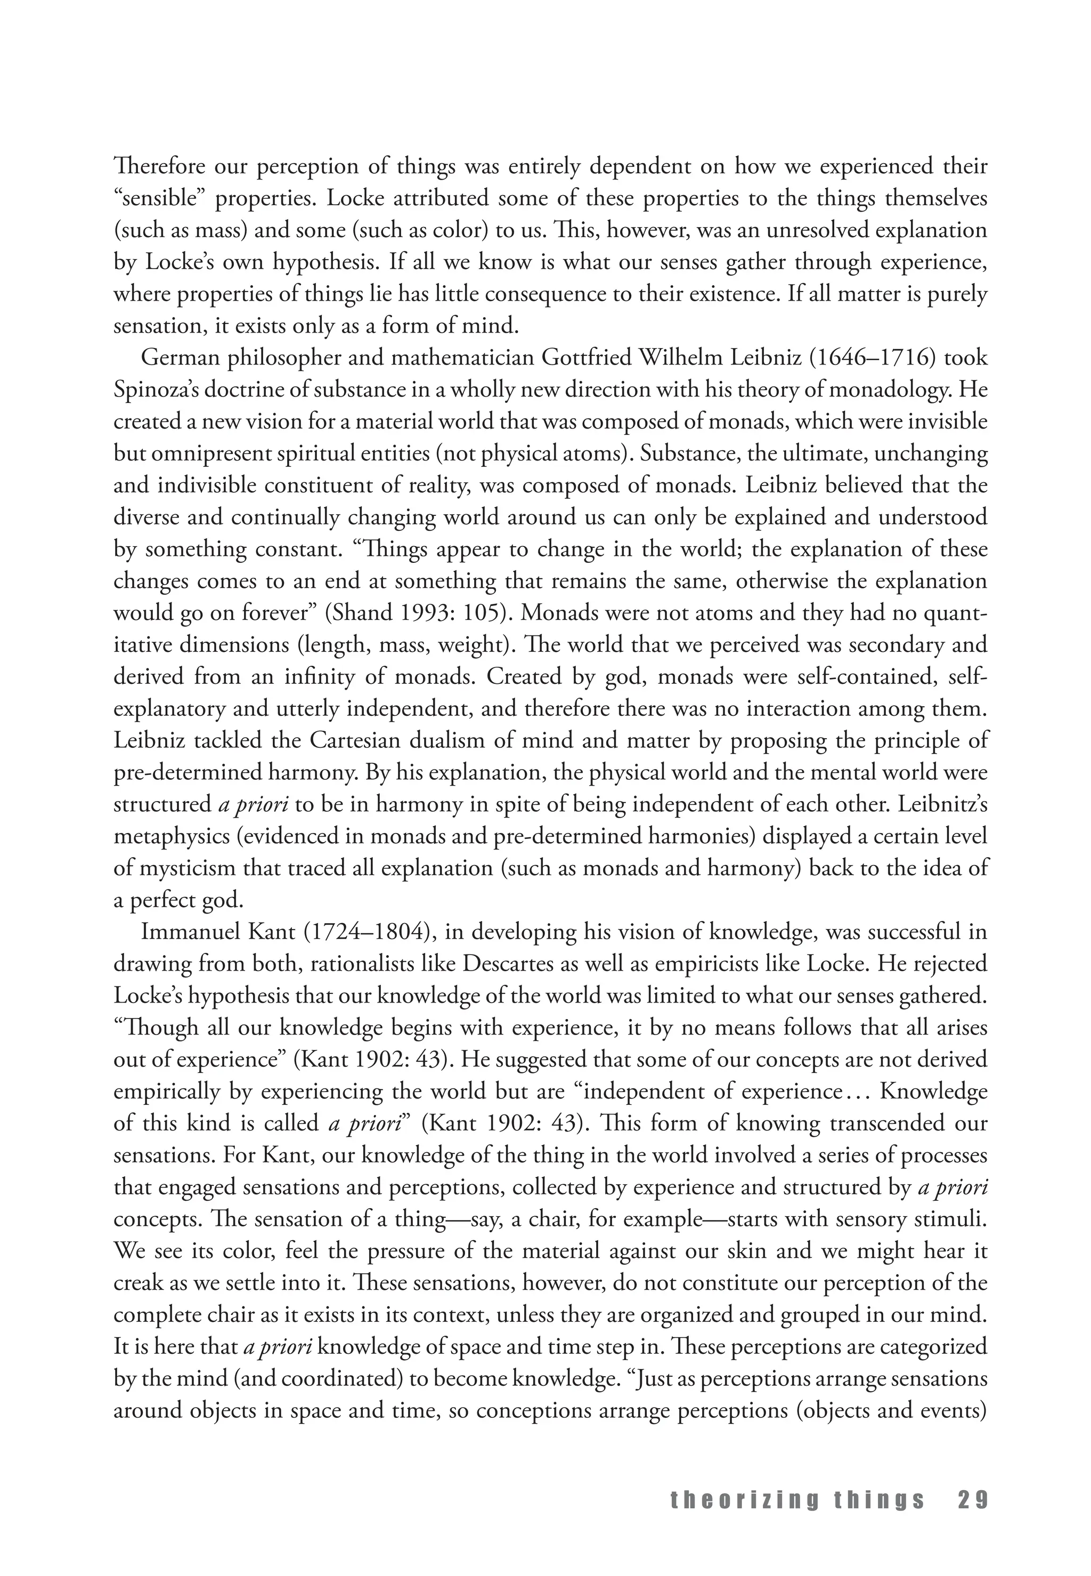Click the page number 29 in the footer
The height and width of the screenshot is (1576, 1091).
pos(973,1501)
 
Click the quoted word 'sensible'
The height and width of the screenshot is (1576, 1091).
pos(159,198)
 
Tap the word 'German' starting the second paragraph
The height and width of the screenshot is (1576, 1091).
pos(178,358)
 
